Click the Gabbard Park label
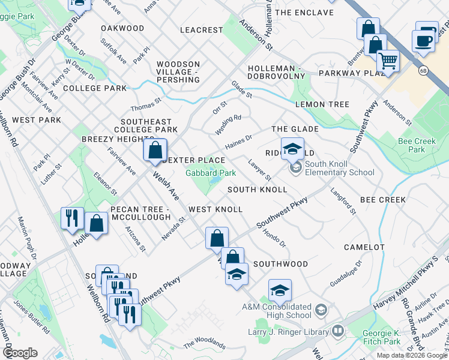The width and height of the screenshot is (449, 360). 209,173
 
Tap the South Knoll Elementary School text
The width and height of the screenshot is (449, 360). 339,168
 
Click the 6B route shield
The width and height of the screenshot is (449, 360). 424,70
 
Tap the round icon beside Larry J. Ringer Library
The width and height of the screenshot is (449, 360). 339,331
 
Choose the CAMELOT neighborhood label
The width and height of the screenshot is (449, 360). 364,247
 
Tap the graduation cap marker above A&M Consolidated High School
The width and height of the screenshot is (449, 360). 280,291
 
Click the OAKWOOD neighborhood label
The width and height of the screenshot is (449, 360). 122,28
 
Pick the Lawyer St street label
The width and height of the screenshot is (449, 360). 261,169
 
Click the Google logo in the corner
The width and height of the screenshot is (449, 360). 20,353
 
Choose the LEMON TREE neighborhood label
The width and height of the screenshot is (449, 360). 322,104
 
